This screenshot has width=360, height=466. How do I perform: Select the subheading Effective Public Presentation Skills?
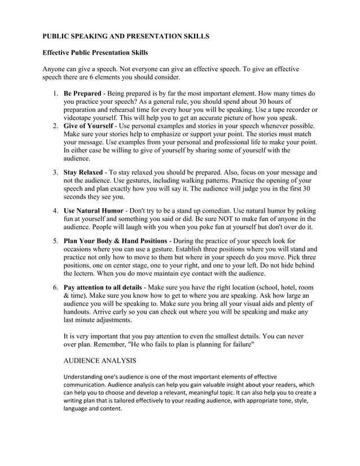click(x=96, y=52)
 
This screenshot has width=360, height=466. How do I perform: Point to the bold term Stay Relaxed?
click(x=83, y=172)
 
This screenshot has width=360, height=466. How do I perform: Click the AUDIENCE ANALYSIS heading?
click(x=100, y=359)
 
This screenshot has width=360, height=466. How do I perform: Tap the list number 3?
click(x=56, y=172)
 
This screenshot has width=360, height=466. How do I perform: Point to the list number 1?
click(x=56, y=93)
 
